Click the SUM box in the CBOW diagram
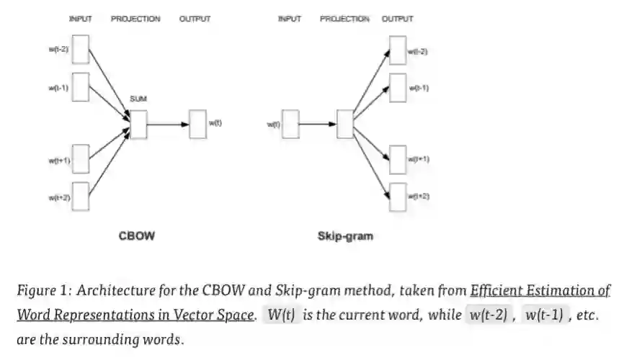pyautogui.click(x=138, y=123)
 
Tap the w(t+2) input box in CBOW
pyautogui.click(x=81, y=197)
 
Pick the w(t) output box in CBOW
pyautogui.click(x=197, y=123)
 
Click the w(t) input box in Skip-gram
pyautogui.click(x=290, y=124)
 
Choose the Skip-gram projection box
pyautogui.click(x=345, y=124)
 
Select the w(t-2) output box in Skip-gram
pyautogui.click(x=397, y=50)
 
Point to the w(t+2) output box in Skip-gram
pyautogui.click(x=397, y=196)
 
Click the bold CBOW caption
pyautogui.click(x=136, y=235)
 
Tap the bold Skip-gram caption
pyautogui.click(x=345, y=235)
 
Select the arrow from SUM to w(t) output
pyautogui.click(x=167, y=124)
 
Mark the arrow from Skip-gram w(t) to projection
pyautogui.click(x=317, y=124)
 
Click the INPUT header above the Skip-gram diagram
pyautogui.click(x=289, y=19)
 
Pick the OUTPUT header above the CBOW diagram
pyautogui.click(x=195, y=19)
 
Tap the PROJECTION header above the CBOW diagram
pyautogui.click(x=135, y=19)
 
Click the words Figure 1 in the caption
pyautogui.click(x=43, y=291)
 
